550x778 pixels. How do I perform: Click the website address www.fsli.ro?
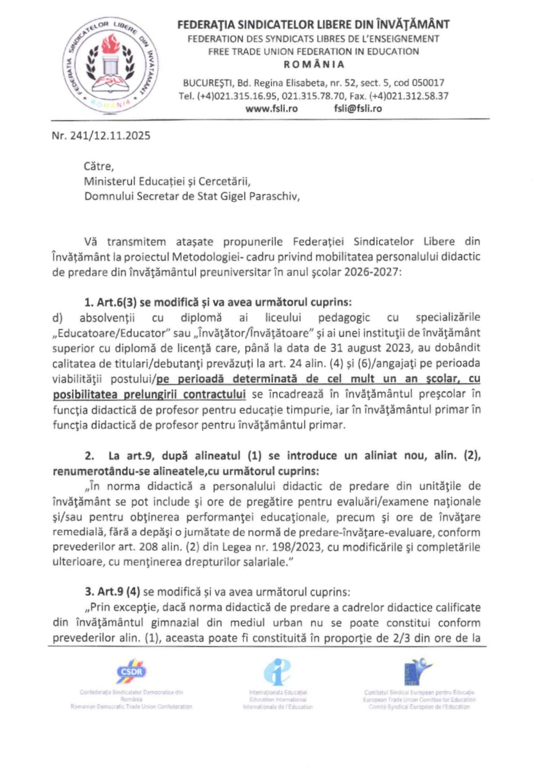click(x=271, y=109)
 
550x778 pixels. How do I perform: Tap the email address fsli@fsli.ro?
click(x=357, y=109)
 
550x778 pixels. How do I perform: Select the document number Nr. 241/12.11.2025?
click(x=101, y=136)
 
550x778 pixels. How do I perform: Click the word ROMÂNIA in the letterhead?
click(x=314, y=64)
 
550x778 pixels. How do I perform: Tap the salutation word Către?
click(x=98, y=166)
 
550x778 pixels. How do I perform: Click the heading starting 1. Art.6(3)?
click(x=218, y=302)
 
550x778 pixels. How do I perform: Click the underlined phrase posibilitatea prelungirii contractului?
click(x=149, y=395)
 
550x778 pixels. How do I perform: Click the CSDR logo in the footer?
click(x=131, y=672)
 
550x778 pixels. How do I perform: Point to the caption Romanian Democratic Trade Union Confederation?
click(x=131, y=707)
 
